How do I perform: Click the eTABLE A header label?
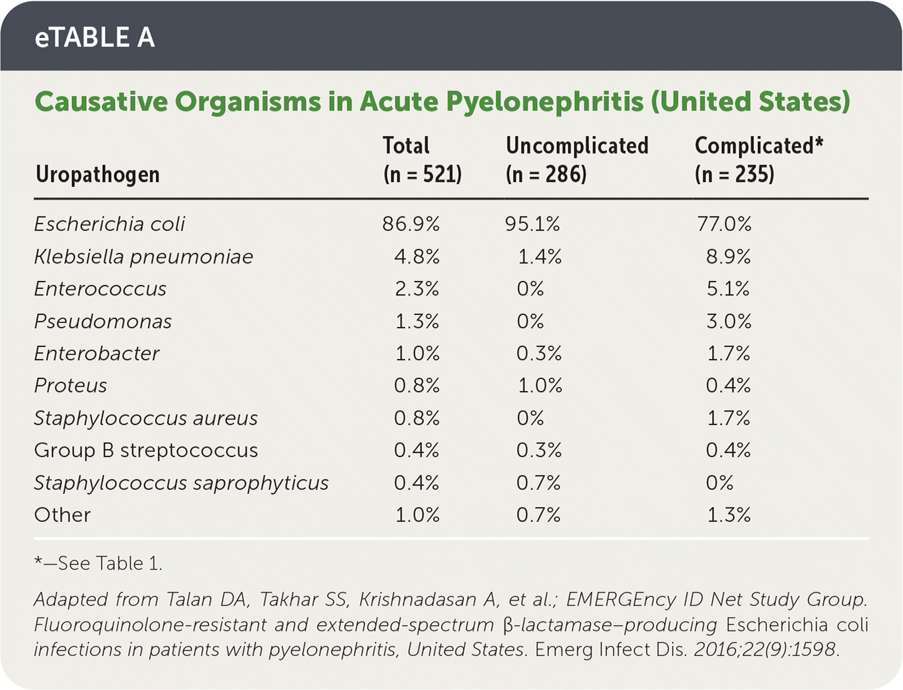pyautogui.click(x=95, y=37)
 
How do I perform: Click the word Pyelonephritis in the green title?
pyautogui.click(x=544, y=102)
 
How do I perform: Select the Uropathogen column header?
pyautogui.click(x=98, y=174)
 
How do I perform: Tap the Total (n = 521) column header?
pyautogui.click(x=422, y=160)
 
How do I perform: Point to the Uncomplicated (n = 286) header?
pyautogui.click(x=577, y=160)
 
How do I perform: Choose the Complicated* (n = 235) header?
pyautogui.click(x=759, y=160)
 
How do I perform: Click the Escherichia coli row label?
pyautogui.click(x=110, y=224)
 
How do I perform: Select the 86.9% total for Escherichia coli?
pyautogui.click(x=411, y=224)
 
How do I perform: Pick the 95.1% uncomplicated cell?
pyautogui.click(x=532, y=224)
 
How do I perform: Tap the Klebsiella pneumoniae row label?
pyautogui.click(x=144, y=257)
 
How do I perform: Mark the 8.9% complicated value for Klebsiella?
pyautogui.click(x=728, y=257)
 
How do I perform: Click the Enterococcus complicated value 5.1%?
pyautogui.click(x=728, y=289)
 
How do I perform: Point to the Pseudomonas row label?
pyautogui.click(x=103, y=322)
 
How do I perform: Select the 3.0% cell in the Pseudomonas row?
pyautogui.click(x=729, y=322)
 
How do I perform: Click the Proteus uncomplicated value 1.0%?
pyautogui.click(x=540, y=386)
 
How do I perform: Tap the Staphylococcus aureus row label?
pyautogui.click(x=146, y=418)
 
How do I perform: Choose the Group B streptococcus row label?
pyautogui.click(x=146, y=450)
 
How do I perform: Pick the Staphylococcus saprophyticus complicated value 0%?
pyautogui.click(x=719, y=482)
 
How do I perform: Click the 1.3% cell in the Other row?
pyautogui.click(x=729, y=515)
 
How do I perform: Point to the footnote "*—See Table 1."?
pyautogui.click(x=98, y=564)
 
